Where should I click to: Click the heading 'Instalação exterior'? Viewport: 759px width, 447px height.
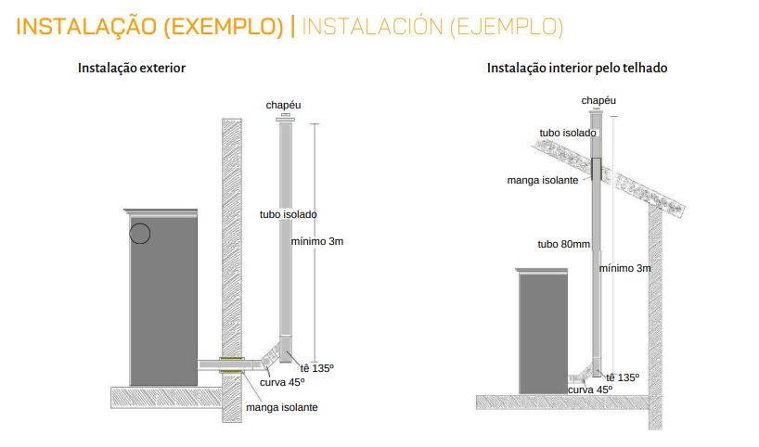(132, 69)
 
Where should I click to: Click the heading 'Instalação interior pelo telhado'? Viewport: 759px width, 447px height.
(577, 69)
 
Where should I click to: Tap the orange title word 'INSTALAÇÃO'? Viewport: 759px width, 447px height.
(86, 26)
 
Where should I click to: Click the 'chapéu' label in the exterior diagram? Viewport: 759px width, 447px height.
(283, 105)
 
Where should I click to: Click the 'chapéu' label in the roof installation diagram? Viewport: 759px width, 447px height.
(598, 101)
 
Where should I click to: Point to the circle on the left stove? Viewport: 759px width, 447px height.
(140, 234)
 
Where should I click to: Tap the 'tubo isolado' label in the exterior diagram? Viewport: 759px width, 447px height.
(288, 214)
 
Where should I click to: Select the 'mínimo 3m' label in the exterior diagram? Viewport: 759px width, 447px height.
(317, 241)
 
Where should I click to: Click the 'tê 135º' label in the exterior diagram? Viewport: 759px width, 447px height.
(317, 368)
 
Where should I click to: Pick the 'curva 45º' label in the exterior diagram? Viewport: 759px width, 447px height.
(282, 383)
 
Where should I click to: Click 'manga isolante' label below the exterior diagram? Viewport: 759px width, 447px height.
(282, 408)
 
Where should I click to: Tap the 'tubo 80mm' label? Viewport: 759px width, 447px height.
(563, 244)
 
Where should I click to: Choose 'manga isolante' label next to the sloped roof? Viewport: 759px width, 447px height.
(543, 181)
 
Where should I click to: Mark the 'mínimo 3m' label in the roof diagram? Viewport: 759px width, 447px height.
(624, 269)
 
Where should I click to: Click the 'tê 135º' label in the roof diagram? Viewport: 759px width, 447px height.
(623, 377)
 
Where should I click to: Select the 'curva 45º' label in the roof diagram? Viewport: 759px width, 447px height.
(590, 390)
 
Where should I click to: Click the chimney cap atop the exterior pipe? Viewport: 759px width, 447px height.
(286, 118)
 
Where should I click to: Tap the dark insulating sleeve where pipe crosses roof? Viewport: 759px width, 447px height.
(597, 170)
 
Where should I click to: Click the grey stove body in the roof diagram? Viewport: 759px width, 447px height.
(543, 333)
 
